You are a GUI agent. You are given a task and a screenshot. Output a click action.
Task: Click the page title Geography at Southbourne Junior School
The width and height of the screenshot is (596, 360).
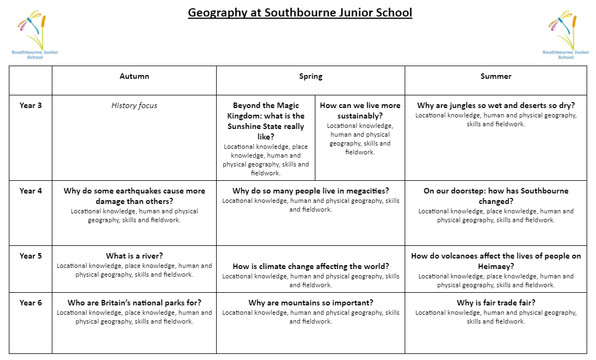pyautogui.click(x=299, y=12)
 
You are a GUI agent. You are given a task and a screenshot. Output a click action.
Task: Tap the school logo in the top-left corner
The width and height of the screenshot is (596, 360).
pyautogui.click(x=34, y=34)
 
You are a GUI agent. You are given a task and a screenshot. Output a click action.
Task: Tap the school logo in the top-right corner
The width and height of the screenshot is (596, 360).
pyautogui.click(x=565, y=34)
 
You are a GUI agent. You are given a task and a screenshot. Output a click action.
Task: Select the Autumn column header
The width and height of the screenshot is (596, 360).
pyautogui.click(x=134, y=77)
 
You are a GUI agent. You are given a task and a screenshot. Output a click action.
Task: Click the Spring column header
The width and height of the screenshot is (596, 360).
pyautogui.click(x=310, y=77)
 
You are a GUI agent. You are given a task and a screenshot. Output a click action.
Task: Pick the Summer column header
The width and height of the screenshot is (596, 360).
pyautogui.click(x=496, y=77)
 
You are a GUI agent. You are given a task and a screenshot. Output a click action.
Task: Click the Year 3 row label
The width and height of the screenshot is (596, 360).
pyautogui.click(x=30, y=105)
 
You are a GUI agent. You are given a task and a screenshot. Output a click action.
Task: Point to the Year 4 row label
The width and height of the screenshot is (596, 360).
pyautogui.click(x=30, y=191)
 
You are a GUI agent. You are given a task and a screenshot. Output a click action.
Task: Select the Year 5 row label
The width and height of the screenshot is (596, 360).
pyautogui.click(x=30, y=256)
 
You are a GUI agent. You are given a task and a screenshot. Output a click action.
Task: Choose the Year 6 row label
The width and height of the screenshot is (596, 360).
pyautogui.click(x=30, y=303)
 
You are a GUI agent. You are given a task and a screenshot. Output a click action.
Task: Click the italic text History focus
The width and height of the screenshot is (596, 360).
pyautogui.click(x=134, y=105)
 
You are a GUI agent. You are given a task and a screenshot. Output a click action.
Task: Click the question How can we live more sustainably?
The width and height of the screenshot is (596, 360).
pyautogui.click(x=360, y=110)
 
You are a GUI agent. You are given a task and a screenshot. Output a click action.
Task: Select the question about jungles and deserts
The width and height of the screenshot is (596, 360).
pyautogui.click(x=496, y=105)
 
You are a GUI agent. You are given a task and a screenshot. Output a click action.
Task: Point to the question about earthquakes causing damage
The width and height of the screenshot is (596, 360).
pyautogui.click(x=134, y=196)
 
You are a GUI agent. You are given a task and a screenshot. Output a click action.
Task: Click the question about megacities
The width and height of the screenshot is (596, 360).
pyautogui.click(x=310, y=191)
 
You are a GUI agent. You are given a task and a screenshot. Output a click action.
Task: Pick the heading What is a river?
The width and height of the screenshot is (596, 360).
pyautogui.click(x=134, y=256)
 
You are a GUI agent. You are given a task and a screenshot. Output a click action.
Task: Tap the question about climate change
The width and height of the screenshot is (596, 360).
pyautogui.click(x=310, y=266)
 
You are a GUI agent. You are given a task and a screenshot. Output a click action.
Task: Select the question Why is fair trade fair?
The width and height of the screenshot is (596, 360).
pyautogui.click(x=496, y=303)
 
